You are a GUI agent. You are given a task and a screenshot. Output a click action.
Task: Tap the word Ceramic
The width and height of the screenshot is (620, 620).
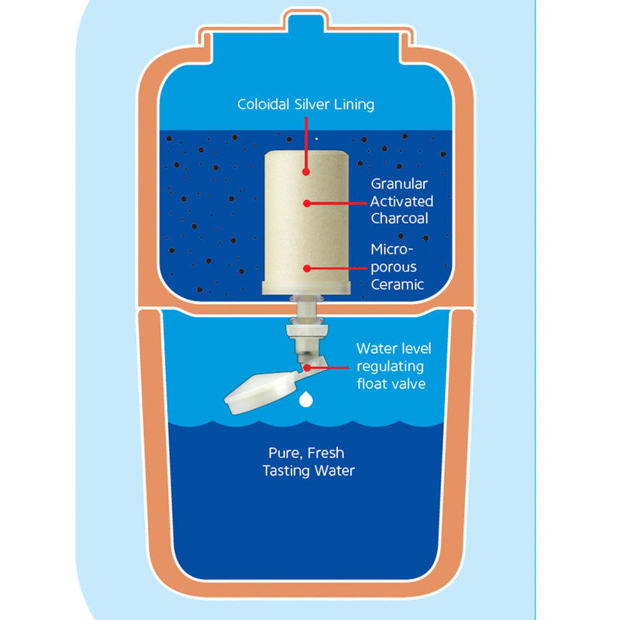(398, 284)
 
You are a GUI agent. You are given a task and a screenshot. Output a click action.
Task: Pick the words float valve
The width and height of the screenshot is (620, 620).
(391, 383)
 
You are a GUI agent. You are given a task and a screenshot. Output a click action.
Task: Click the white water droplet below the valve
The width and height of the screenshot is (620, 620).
(307, 399)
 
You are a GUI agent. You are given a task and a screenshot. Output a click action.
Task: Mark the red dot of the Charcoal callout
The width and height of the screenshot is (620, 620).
(307, 203)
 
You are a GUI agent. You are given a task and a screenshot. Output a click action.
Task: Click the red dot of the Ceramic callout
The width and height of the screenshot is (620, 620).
(307, 268)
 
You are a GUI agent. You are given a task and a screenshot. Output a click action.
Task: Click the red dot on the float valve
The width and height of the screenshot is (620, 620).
(308, 366)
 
